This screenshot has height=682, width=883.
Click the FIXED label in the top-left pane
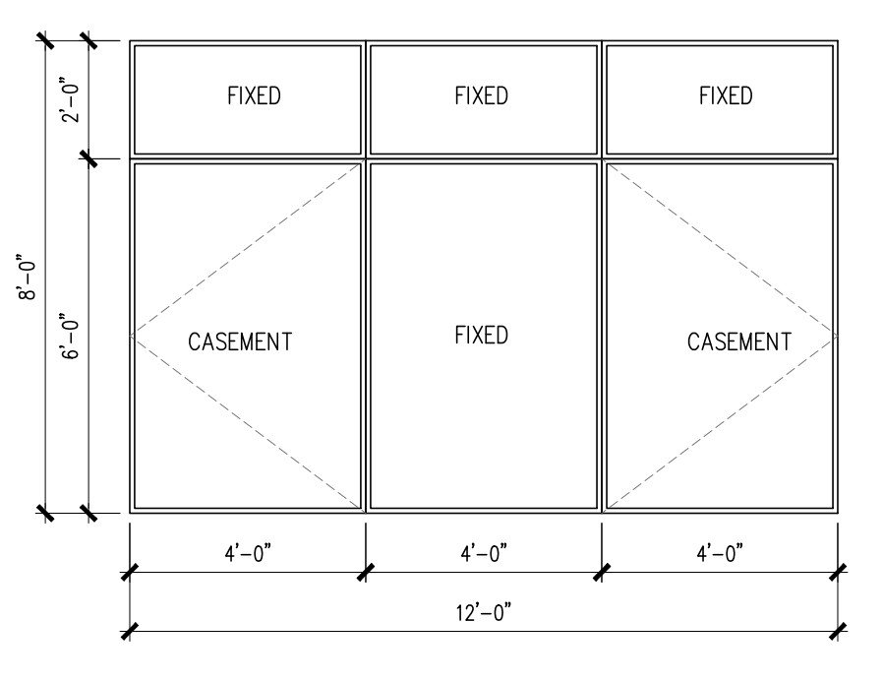tap(254, 96)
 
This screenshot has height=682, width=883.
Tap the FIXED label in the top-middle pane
tap(482, 96)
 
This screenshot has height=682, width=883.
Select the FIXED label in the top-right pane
tap(726, 96)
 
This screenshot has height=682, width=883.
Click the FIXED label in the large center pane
tap(482, 335)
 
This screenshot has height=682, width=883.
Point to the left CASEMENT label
tap(240, 342)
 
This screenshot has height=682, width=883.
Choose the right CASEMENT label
tap(739, 342)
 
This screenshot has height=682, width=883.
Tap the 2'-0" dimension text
tap(72, 99)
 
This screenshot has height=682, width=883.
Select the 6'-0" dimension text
tap(72, 336)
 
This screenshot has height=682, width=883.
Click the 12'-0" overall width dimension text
tap(482, 613)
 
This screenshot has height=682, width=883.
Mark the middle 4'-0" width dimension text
tap(482, 554)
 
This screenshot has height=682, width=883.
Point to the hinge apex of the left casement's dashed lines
tap(133, 337)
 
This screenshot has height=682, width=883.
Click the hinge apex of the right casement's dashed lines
tap(835, 337)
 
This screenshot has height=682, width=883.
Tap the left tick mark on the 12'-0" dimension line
tap(129, 631)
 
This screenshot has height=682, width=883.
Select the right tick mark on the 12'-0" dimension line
tap(838, 631)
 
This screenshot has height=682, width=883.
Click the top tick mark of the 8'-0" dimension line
tap(45, 41)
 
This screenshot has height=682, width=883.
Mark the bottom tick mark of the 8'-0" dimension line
tap(45, 512)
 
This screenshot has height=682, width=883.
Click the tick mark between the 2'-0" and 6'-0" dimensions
tap(88, 158)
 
